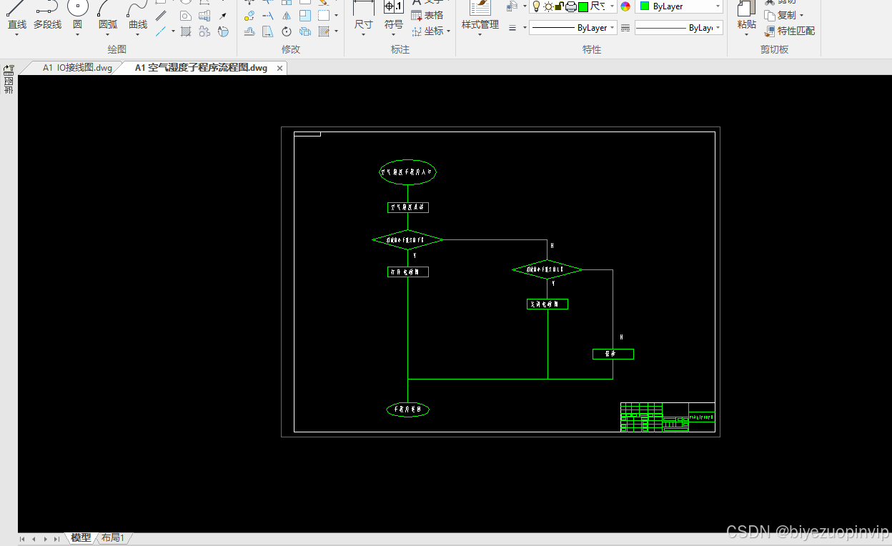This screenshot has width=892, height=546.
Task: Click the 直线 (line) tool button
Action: point(16,16)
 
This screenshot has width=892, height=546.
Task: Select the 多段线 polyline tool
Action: point(47,16)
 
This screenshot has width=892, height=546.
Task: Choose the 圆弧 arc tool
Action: point(108,16)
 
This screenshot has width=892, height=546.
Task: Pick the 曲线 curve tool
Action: point(138,16)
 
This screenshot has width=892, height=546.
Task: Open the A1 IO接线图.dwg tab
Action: point(76,68)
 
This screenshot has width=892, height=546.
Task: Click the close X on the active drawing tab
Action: point(280,68)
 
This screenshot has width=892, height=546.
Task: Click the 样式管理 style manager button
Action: point(480,16)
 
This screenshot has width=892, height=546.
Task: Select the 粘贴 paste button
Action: point(746,16)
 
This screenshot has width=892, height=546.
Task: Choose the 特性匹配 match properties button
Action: point(790,31)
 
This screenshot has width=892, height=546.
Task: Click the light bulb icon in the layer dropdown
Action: point(536,6)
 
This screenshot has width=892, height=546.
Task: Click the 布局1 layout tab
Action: point(113,538)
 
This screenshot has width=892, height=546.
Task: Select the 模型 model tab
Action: point(81,538)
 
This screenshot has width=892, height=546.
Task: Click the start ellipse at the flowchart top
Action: point(407,172)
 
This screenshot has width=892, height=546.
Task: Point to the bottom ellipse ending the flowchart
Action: point(407,409)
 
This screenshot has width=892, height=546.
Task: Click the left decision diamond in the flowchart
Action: point(407,240)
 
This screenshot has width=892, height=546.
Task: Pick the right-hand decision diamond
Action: point(547,269)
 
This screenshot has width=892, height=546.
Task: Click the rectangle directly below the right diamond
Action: point(547,304)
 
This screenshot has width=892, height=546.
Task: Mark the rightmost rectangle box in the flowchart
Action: point(613,354)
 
